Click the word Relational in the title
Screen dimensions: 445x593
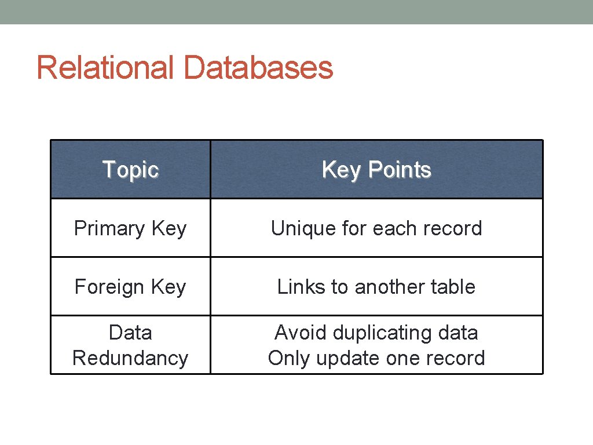[105, 68]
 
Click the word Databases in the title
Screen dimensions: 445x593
[258, 68]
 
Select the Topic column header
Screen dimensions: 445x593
[130, 170]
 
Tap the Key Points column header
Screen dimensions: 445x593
[376, 170]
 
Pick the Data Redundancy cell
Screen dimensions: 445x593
[130, 345]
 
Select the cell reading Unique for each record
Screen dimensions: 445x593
[376, 228]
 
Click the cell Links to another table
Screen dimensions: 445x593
[376, 287]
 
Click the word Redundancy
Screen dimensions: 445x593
[130, 359]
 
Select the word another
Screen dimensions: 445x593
[390, 287]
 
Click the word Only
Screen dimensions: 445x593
[288, 359]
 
